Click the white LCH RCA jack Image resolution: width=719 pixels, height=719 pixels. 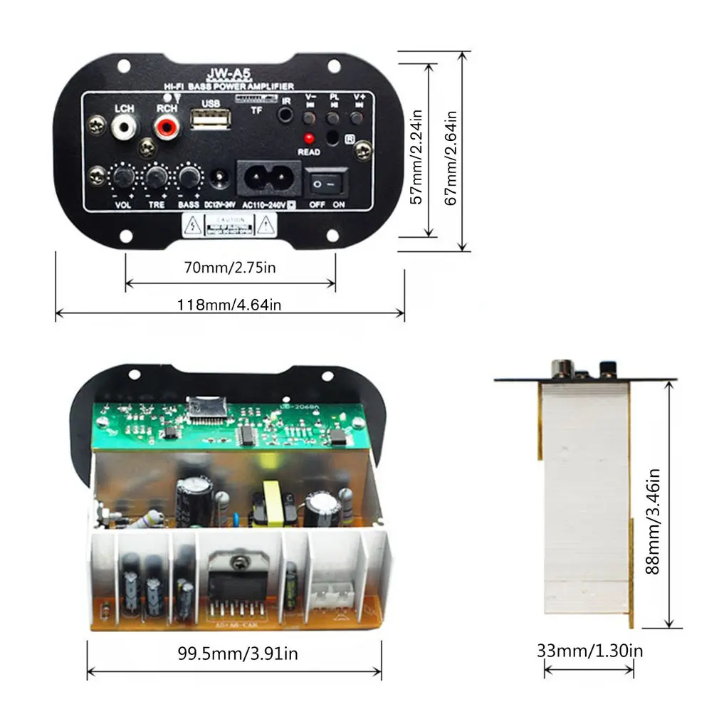[125, 128]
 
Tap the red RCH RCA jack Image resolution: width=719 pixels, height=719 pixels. [167, 128]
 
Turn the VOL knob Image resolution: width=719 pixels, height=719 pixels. [122, 176]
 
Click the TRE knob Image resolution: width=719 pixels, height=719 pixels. [156, 176]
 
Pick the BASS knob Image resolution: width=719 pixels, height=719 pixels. [188, 176]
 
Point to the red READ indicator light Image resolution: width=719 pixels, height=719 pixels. [309, 138]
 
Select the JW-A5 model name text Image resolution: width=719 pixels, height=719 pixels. [224, 73]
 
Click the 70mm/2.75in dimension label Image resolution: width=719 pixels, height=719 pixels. [230, 268]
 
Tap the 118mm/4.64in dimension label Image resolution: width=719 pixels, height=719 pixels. [229, 305]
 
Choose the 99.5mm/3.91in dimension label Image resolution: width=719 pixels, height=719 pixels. [238, 653]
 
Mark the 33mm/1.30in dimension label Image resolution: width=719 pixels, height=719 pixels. [589, 650]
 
